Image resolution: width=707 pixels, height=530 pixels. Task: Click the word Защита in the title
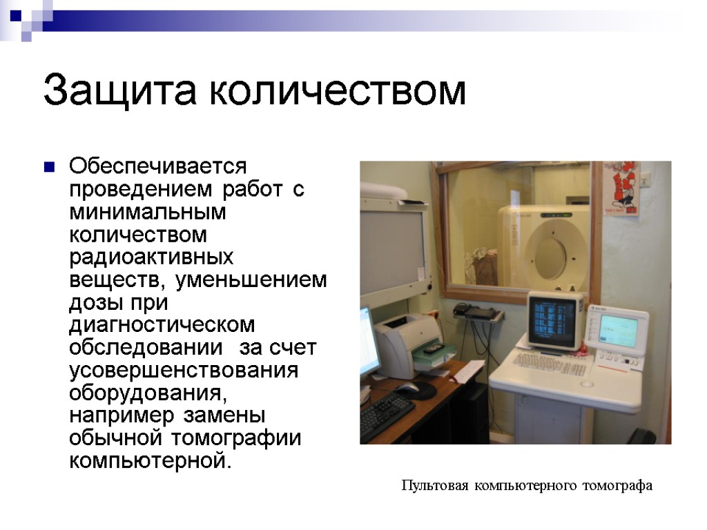click(120, 90)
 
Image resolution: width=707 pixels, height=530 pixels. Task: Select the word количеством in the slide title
click(337, 90)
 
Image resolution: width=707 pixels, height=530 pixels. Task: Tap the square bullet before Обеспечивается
click(49, 167)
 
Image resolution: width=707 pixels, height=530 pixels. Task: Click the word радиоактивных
click(151, 257)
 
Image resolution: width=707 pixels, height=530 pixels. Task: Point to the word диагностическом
click(162, 325)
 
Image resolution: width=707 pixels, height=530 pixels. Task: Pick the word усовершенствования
click(184, 371)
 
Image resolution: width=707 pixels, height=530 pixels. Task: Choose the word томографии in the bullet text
click(237, 438)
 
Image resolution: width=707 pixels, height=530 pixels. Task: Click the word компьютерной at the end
click(150, 460)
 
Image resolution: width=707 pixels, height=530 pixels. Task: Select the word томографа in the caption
click(617, 486)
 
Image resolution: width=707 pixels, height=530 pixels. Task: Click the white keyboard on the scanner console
click(550, 364)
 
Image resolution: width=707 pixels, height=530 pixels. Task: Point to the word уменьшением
click(251, 280)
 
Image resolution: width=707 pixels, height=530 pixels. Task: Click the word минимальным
click(148, 213)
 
